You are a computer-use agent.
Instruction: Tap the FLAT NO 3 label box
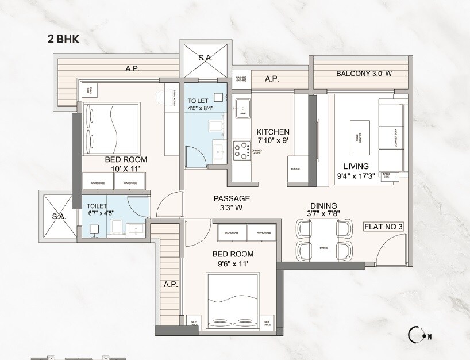[383, 226]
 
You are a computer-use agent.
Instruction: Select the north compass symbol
[416, 335]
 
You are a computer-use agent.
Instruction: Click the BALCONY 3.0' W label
[364, 74]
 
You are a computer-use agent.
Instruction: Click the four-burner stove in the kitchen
[241, 150]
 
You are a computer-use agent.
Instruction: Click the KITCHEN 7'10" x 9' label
[273, 136]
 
